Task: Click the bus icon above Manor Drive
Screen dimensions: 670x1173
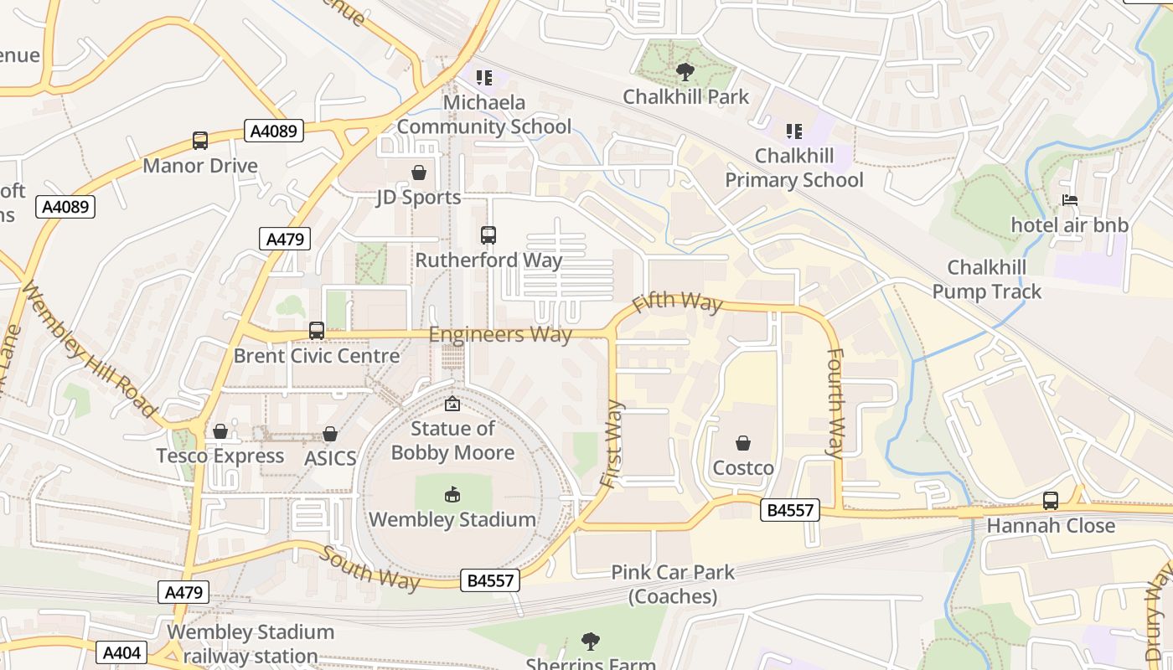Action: [200, 141]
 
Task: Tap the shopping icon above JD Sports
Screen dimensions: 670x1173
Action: [418, 173]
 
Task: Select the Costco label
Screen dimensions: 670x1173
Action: [743, 467]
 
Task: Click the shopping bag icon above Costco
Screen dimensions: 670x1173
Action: [743, 442]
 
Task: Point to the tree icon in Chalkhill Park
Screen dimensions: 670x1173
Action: [685, 71]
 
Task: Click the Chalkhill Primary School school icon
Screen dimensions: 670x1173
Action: [793, 131]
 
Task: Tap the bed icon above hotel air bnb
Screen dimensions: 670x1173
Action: [1070, 200]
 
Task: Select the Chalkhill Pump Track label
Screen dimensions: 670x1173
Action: [986, 280]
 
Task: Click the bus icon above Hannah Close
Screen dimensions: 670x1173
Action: [1051, 501]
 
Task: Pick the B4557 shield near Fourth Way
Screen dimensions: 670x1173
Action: [790, 509]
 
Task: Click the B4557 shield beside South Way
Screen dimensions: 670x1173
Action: [490, 580]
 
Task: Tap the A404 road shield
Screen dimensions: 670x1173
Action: [121, 652]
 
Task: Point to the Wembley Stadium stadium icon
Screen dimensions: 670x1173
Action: [452, 494]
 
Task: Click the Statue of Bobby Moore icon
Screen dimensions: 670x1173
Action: [452, 404]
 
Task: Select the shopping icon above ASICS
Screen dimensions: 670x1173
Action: [330, 434]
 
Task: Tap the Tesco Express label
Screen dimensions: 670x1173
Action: [220, 456]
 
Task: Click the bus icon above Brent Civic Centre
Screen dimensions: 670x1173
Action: [316, 331]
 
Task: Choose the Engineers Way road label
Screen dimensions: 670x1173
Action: [500, 335]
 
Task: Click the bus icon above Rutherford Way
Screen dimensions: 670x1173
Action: [488, 235]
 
